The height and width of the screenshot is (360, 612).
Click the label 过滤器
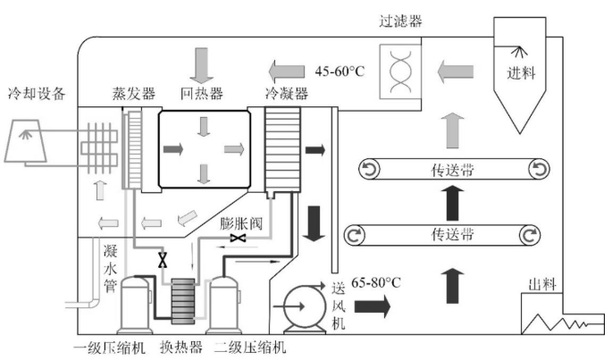(400, 21)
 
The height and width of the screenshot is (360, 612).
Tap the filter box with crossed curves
(400, 71)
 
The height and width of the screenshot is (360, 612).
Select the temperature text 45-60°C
(340, 71)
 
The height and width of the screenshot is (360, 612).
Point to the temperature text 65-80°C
(376, 282)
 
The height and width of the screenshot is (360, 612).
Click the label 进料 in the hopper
(521, 73)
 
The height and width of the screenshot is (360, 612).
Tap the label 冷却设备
(37, 94)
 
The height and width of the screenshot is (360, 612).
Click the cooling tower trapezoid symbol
(25, 141)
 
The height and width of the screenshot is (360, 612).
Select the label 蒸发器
(133, 94)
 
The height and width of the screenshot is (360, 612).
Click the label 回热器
(202, 94)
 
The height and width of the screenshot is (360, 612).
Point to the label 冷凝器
(287, 94)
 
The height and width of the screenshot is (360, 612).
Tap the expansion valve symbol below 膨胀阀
(238, 238)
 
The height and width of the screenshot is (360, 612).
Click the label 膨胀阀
(241, 223)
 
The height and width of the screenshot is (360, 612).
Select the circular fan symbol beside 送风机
(305, 306)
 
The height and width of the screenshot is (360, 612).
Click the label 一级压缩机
(110, 347)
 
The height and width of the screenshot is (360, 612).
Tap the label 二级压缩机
(250, 347)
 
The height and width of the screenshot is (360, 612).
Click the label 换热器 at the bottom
(181, 347)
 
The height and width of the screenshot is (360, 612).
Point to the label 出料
(542, 285)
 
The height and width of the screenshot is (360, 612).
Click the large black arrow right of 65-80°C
(372, 306)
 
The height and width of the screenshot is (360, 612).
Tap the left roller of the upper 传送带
(369, 170)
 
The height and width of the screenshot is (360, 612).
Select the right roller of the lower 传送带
(530, 236)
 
